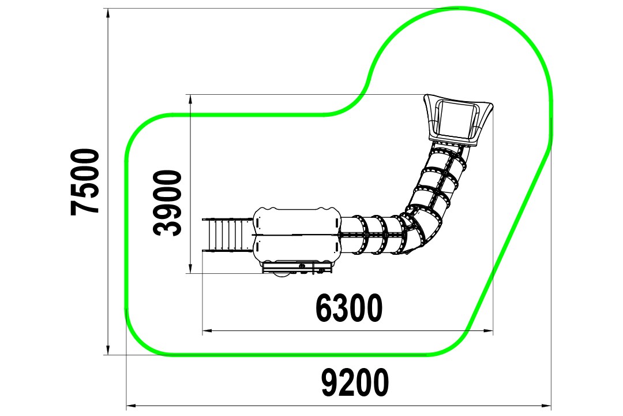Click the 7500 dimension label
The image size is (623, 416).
point(85,183)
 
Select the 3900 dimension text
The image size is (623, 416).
point(167,203)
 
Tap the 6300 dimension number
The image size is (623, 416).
point(349,308)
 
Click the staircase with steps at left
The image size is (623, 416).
point(228,235)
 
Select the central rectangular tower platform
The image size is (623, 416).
point(297,235)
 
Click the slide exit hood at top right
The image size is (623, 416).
point(458,120)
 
